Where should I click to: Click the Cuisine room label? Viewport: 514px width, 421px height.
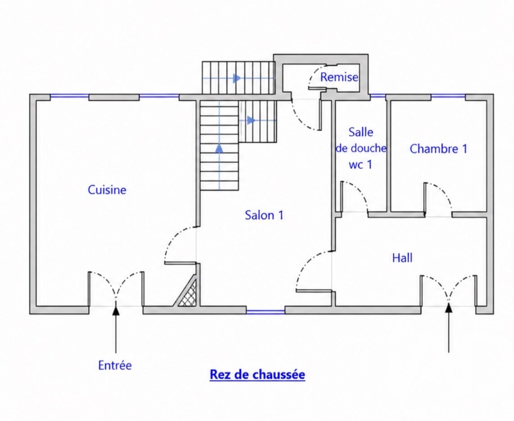coord(107,190)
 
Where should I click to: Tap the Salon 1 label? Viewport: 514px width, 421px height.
coord(264,215)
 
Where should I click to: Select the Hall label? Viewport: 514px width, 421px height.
coord(402,258)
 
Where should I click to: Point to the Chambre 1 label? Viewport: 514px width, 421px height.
coord(438,149)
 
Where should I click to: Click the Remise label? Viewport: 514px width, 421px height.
coord(339,77)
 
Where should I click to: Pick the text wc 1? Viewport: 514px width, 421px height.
coord(360,165)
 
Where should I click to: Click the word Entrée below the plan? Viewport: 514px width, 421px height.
coord(115,365)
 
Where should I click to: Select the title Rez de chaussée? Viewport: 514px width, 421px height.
coord(257,374)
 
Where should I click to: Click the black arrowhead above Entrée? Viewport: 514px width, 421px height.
coord(116,309)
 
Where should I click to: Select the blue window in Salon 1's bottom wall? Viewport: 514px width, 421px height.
coord(266,311)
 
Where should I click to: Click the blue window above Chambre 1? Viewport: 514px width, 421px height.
coord(448,96)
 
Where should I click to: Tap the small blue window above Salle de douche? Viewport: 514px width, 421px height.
coord(378,96)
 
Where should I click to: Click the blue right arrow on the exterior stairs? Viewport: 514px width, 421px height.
coord(237,78)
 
